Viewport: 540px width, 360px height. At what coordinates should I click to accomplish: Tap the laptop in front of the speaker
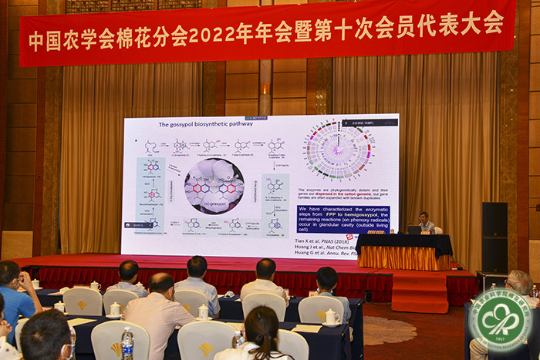tap(414, 229)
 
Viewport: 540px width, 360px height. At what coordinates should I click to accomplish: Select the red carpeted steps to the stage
tap(419, 291)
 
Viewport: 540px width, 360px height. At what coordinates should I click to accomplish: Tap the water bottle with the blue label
tap(127, 344)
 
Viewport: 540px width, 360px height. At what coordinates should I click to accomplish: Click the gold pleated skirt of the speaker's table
tap(404, 257)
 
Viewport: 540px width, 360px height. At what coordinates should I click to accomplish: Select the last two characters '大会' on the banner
tap(482, 23)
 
